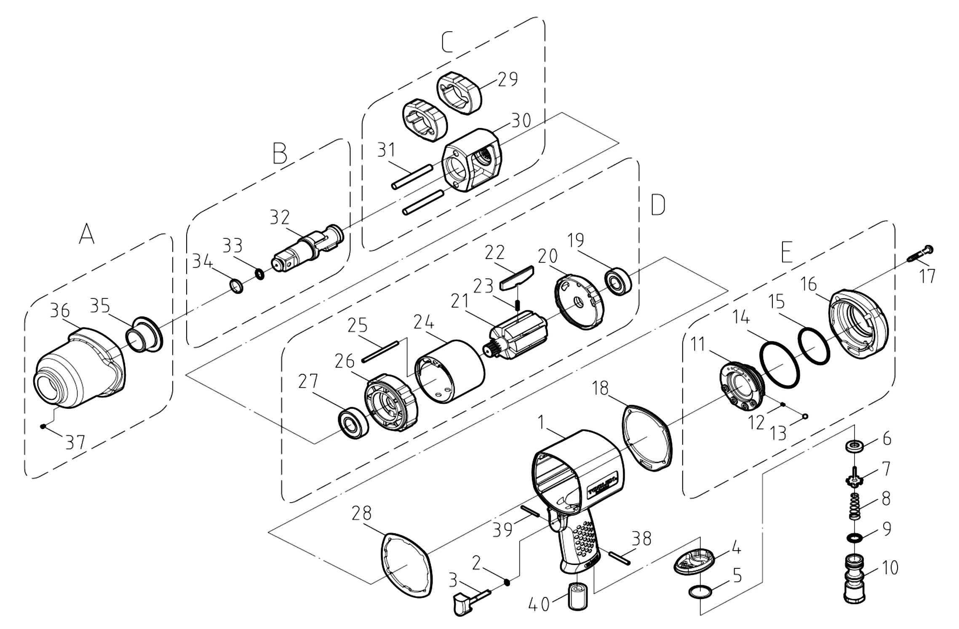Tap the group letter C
447,43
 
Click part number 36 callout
60,311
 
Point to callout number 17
927,276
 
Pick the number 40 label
539,605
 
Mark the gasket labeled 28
407,565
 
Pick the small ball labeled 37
43,426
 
